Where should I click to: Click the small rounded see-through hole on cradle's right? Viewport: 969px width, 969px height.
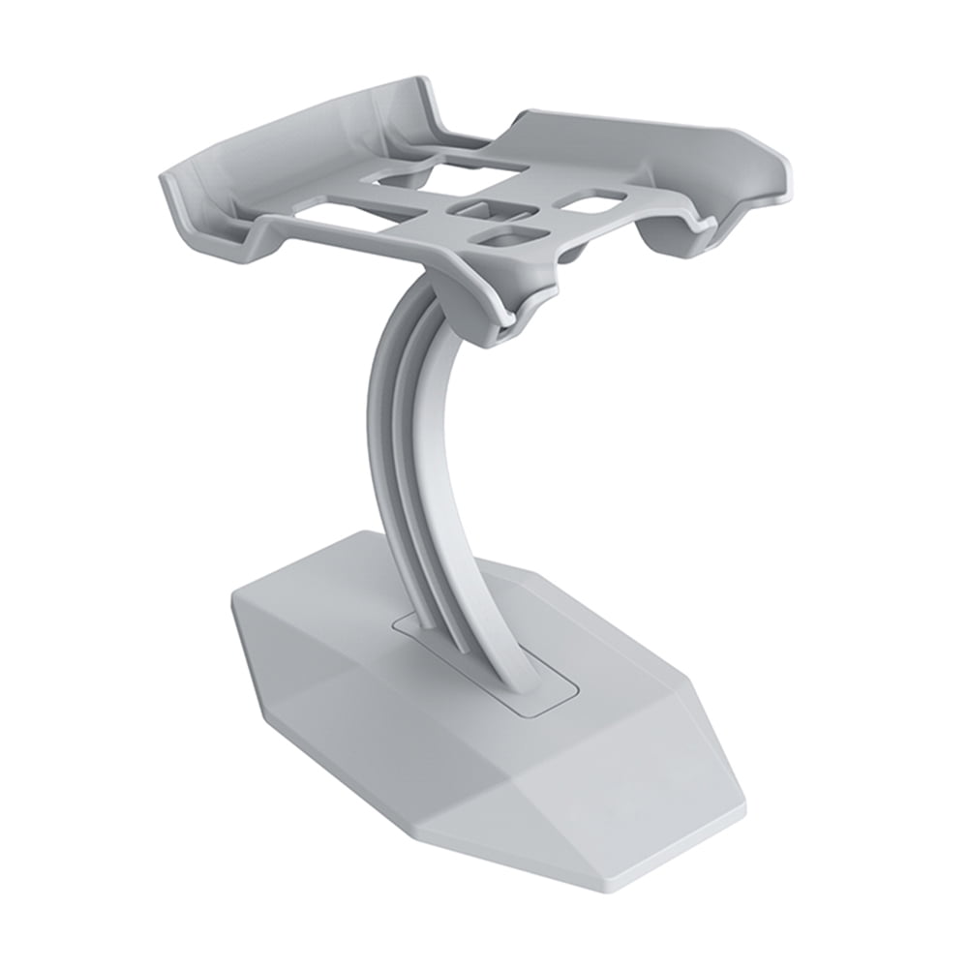click(592, 201)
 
